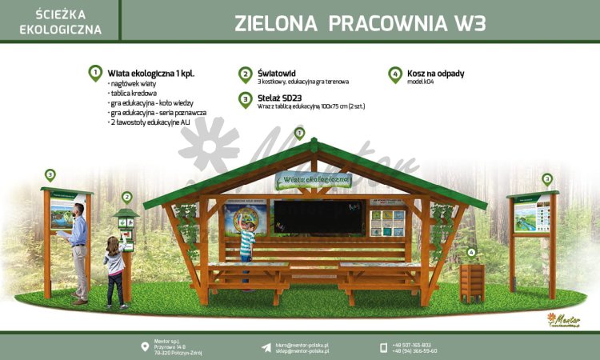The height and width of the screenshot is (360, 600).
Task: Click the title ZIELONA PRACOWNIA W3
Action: (360, 22)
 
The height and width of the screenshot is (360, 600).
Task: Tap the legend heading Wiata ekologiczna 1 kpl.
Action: (151, 73)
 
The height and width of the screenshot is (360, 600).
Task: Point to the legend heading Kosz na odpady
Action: (435, 73)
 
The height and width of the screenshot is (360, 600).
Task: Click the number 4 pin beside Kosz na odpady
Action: (395, 74)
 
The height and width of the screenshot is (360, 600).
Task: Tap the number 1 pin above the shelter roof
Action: (300, 133)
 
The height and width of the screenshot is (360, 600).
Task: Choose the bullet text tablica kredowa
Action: (132, 93)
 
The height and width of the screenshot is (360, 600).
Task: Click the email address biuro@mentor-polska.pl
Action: (302, 344)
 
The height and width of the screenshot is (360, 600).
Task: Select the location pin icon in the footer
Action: (144, 346)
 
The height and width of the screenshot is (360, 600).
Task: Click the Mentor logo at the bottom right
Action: (563, 320)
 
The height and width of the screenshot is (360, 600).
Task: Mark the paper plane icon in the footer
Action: (266, 346)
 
